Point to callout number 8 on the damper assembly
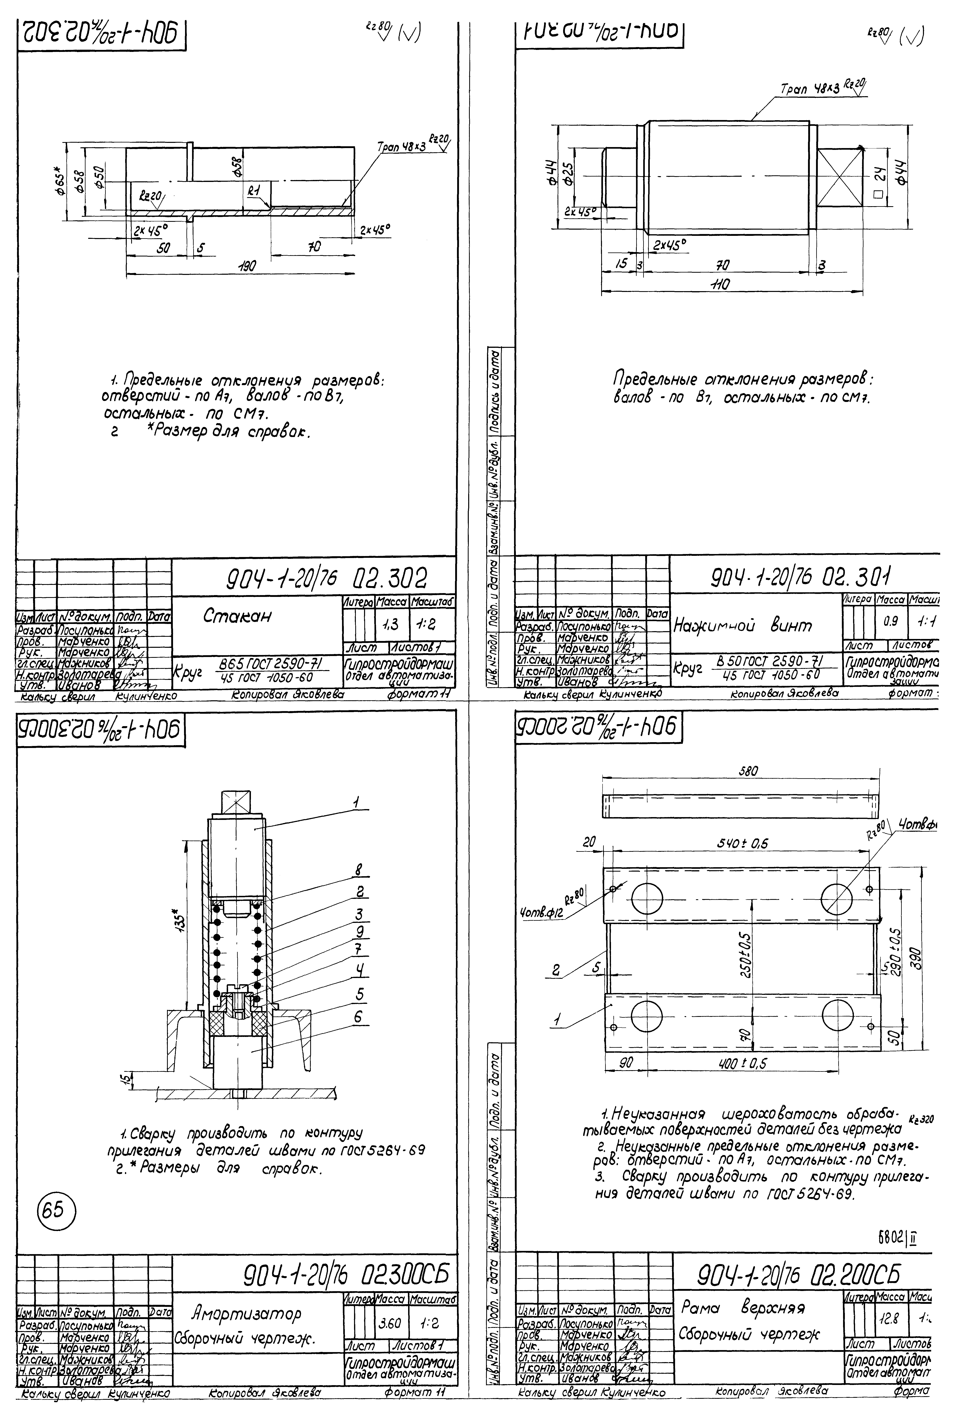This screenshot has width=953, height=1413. tap(359, 871)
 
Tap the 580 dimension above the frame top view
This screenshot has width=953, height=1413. tap(748, 771)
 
